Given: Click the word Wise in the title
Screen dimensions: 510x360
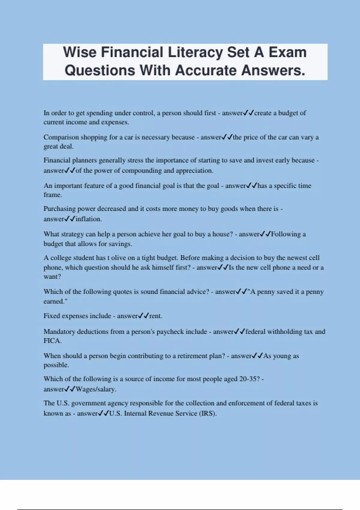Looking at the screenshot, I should pyautogui.click(x=80, y=52).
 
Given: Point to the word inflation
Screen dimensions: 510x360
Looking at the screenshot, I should pyautogui.click(x=88, y=219).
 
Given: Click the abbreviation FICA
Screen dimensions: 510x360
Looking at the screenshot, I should pyautogui.click(x=52, y=341).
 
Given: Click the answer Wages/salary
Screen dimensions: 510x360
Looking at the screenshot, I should pyautogui.click(x=96, y=389).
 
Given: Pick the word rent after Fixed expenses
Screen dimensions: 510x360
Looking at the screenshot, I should pyautogui.click(x=155, y=316).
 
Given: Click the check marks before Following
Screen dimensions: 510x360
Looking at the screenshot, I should pyautogui.click(x=265, y=234).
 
